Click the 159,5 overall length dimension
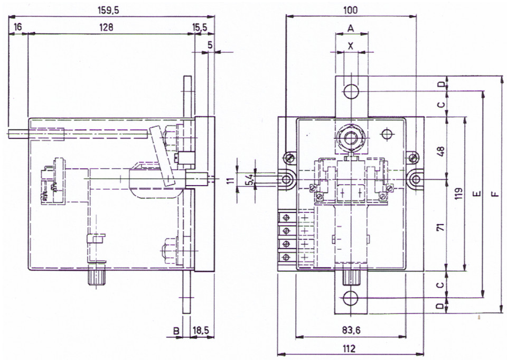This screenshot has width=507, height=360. [108, 11]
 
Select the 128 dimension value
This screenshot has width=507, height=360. [106, 27]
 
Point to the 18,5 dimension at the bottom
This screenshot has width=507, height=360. [201, 330]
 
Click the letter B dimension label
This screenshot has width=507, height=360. [176, 331]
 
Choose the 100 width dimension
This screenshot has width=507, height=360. [351, 11]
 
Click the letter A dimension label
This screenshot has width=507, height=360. [351, 29]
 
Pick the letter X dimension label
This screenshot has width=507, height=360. [351, 47]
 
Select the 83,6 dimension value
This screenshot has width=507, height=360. [351, 330]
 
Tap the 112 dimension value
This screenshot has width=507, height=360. [350, 348]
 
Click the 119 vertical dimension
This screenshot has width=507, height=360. [458, 193]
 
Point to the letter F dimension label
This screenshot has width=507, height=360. [494, 194]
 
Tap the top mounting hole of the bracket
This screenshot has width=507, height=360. [351, 91]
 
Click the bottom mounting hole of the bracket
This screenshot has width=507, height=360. [351, 298]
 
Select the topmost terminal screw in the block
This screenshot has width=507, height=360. [286, 218]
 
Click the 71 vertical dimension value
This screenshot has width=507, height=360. [440, 226]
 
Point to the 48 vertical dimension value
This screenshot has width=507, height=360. [440, 151]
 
